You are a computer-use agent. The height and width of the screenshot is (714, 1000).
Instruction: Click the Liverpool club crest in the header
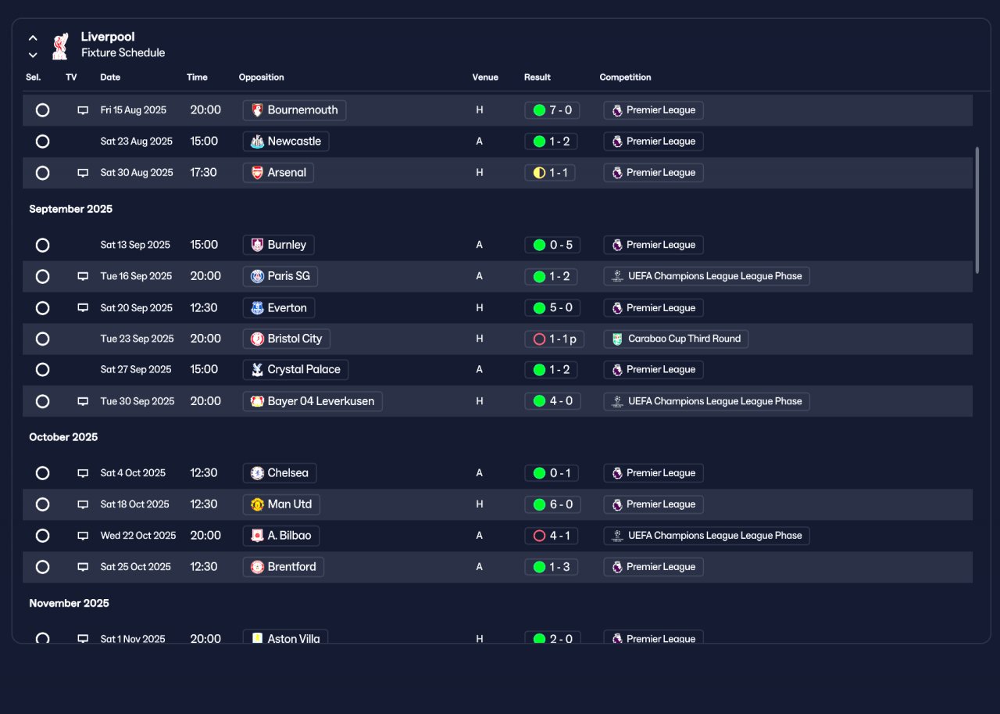(x=60, y=45)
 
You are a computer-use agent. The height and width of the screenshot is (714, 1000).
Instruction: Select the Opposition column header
(x=261, y=77)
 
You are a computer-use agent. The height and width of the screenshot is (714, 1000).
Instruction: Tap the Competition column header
(x=625, y=77)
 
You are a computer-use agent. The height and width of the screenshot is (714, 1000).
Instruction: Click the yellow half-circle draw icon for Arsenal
(x=539, y=173)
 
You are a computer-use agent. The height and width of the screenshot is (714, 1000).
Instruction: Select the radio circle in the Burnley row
(x=42, y=245)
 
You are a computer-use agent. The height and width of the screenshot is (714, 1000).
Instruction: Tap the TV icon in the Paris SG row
(x=83, y=276)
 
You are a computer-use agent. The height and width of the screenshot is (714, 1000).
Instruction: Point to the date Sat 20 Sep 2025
(x=136, y=308)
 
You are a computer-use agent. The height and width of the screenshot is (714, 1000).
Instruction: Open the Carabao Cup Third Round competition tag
(x=676, y=339)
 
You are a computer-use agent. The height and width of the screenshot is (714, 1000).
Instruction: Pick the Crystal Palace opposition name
(x=304, y=369)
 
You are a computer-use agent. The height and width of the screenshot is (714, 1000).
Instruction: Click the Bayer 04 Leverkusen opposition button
(x=312, y=401)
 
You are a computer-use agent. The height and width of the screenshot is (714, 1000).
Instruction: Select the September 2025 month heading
(x=70, y=209)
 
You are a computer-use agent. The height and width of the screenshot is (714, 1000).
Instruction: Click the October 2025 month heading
(x=63, y=437)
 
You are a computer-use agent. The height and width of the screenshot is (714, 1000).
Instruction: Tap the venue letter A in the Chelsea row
(x=479, y=472)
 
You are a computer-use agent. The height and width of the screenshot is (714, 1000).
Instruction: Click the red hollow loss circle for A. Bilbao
(x=539, y=536)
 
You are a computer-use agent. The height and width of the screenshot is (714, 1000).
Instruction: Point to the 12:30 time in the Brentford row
(x=204, y=567)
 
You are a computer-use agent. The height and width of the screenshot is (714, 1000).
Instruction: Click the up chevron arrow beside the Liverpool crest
(x=33, y=38)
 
